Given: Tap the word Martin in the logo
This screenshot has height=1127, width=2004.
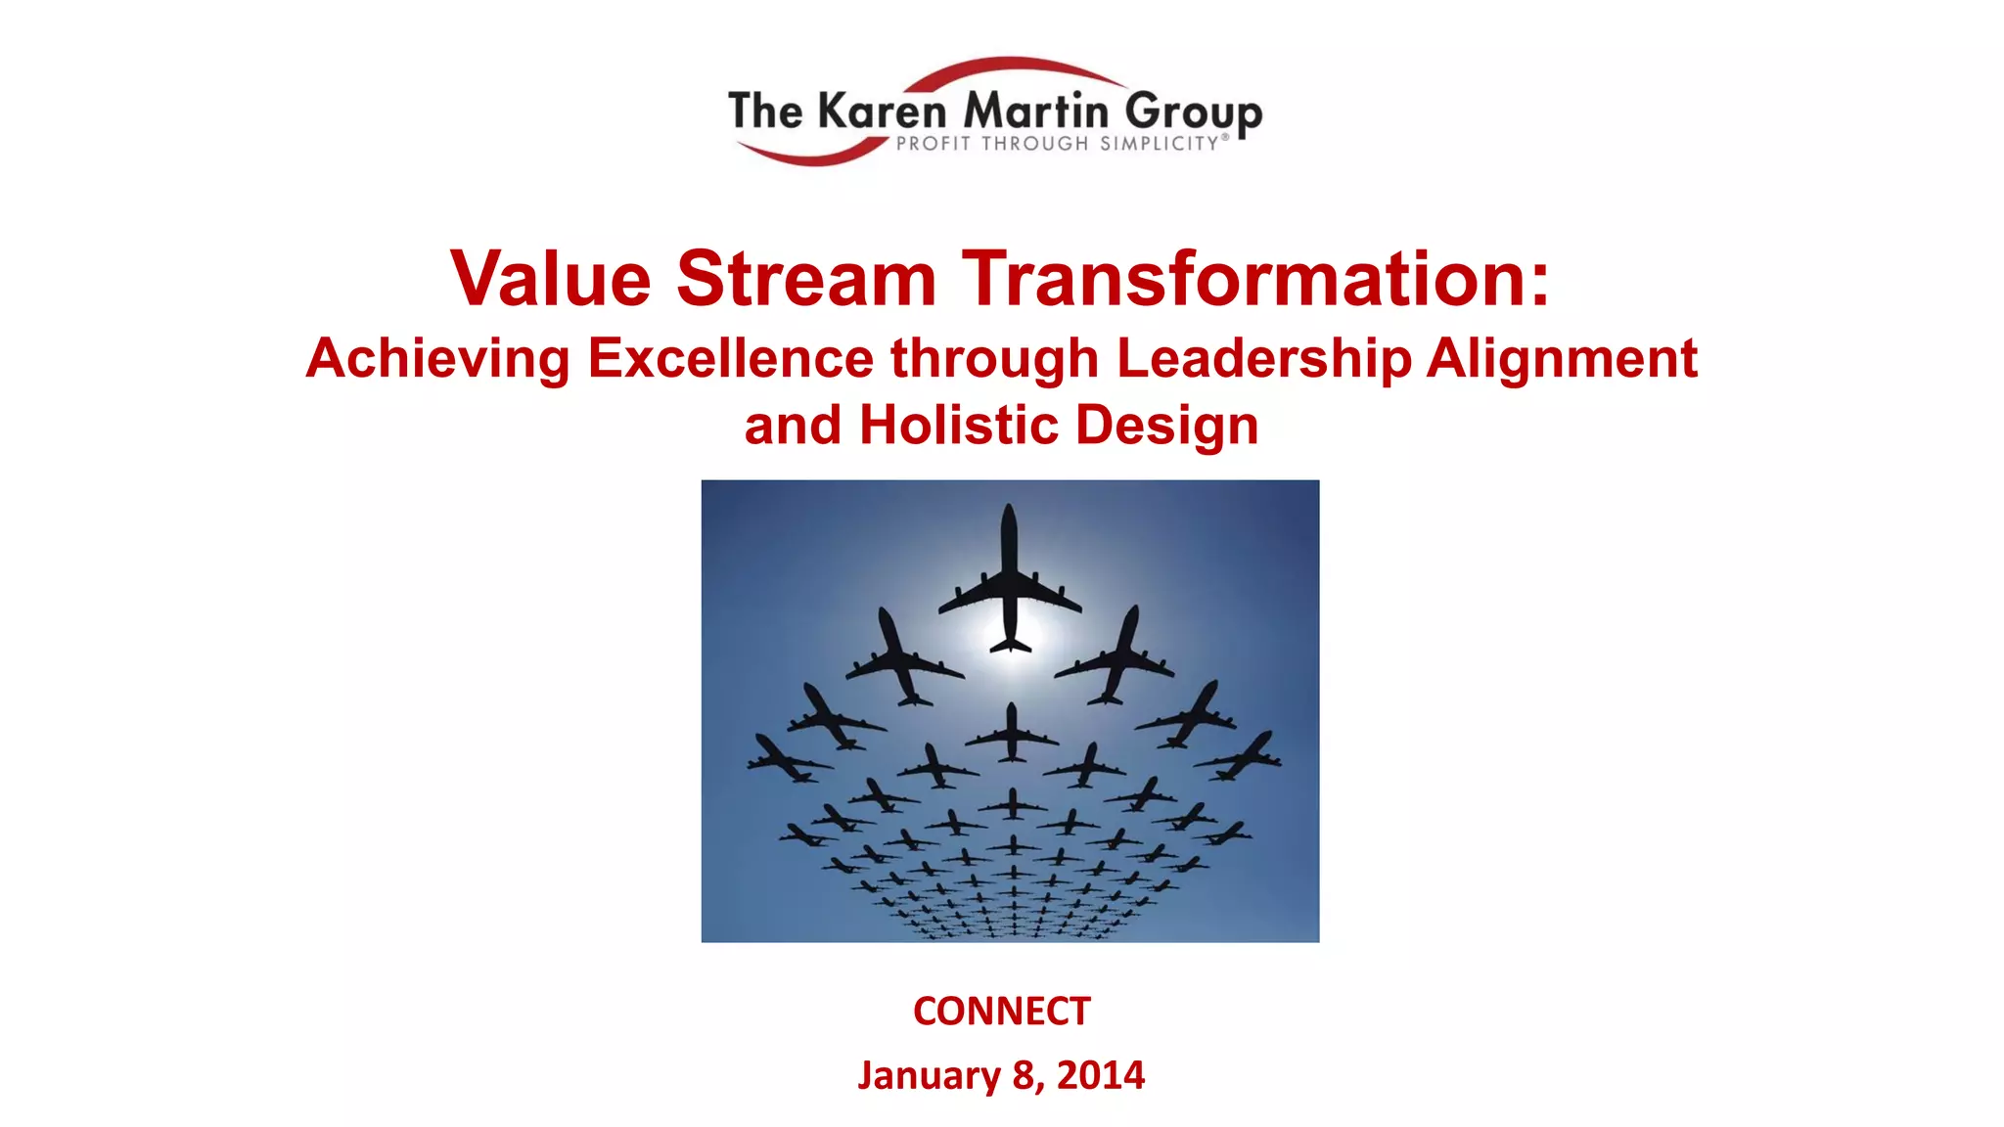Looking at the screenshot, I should coord(1036,111).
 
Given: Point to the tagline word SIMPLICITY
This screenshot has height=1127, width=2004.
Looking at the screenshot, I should coord(1159,144).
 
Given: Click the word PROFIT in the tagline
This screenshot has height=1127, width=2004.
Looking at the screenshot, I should coord(934,144).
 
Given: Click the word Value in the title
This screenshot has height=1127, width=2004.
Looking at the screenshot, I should coord(550,279).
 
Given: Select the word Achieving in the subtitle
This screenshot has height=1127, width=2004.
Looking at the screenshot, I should coord(437,359).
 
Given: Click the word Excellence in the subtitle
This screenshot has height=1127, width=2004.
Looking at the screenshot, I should coord(730,358).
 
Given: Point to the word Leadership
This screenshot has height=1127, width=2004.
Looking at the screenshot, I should coord(1264,359).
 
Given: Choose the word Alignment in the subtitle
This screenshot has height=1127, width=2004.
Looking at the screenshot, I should coord(1562,359).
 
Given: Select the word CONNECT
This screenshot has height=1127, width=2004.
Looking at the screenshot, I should coord(1001,1012).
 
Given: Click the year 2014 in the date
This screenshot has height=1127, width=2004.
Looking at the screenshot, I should coord(1101,1075).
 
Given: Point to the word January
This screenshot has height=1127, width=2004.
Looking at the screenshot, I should coord(929,1075).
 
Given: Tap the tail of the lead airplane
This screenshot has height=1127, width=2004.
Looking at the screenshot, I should coord(1010,644).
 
